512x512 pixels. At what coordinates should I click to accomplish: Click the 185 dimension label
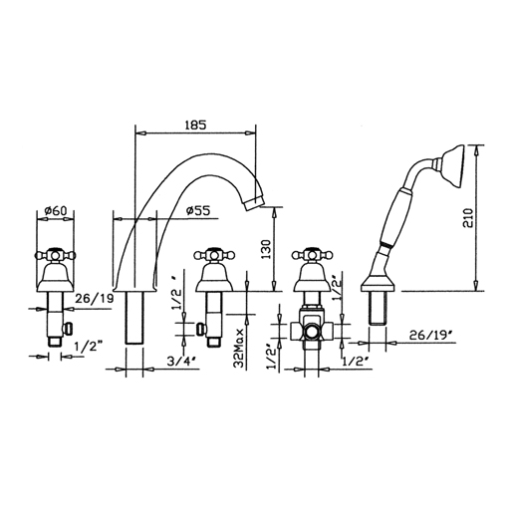point(195,126)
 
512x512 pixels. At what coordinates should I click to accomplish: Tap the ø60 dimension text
point(56,211)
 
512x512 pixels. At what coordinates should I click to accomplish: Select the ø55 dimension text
point(198,211)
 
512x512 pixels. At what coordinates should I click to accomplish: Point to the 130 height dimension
point(266,249)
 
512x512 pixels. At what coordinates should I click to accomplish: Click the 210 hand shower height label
point(468,218)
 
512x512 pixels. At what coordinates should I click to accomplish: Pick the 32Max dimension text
point(238,348)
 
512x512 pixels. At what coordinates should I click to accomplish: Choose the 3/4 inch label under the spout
point(183,362)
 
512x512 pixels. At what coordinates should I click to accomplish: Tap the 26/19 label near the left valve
point(95,299)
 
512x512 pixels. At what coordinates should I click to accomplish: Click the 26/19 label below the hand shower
point(431,335)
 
